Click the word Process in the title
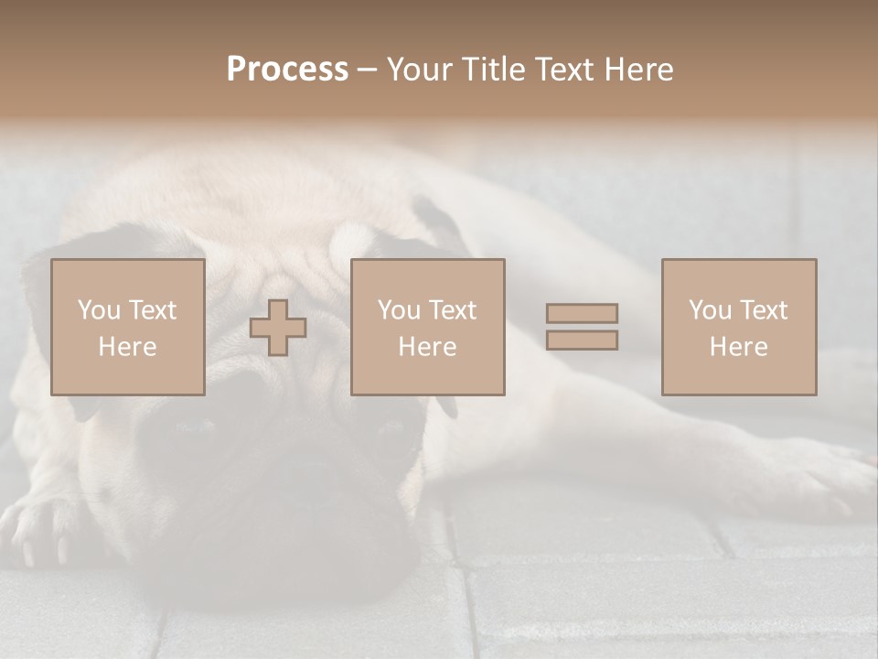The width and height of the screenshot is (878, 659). (287, 70)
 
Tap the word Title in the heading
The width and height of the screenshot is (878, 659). (495, 70)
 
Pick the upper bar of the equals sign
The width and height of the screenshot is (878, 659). (582, 313)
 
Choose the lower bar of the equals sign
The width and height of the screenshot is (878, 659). (582, 340)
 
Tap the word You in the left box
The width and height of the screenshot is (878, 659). (99, 310)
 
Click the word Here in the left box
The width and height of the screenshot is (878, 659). (127, 347)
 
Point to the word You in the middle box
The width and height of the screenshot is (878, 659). (399, 310)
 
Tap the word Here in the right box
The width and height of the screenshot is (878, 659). (738, 347)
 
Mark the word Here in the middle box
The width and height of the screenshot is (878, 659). (427, 347)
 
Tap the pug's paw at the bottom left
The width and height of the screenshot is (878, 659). (41, 531)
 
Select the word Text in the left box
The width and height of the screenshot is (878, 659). (152, 310)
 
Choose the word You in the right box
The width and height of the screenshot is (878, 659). (710, 310)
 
